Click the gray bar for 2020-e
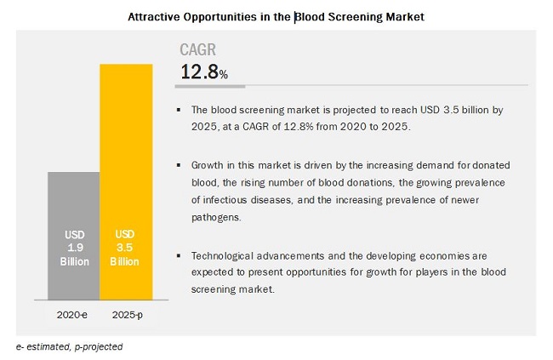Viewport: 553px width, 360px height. pyautogui.click(x=74, y=204)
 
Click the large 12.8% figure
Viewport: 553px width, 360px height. pyautogui.click(x=203, y=73)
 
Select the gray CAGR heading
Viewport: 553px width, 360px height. pyautogui.click(x=198, y=50)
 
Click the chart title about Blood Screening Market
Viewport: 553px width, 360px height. pyautogui.click(x=276, y=15)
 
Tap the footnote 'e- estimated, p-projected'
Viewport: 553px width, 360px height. pyautogui.click(x=69, y=346)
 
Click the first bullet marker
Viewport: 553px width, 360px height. pyautogui.click(x=179, y=111)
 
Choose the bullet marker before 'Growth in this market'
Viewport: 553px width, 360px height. pyautogui.click(x=179, y=164)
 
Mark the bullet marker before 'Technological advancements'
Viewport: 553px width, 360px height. pyautogui.click(x=179, y=254)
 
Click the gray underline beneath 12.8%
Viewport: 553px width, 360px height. pyautogui.click(x=213, y=86)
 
